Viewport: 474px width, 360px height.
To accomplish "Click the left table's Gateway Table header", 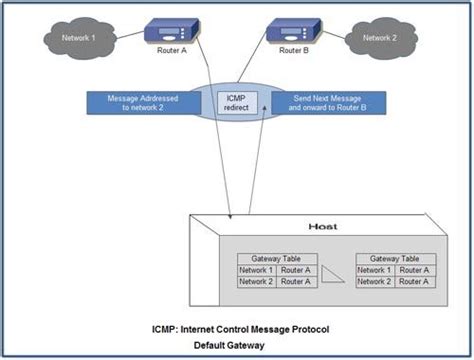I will pos(275,258).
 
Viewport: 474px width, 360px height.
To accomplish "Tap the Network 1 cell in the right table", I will pos(374,271).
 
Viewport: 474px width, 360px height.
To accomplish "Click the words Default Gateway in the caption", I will pos(237,345).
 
